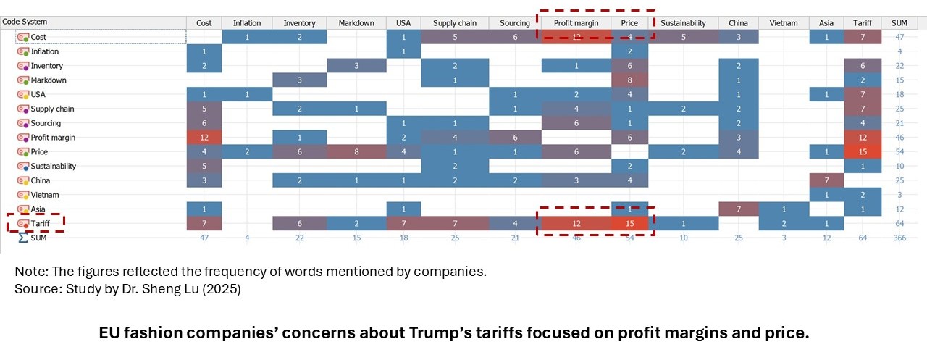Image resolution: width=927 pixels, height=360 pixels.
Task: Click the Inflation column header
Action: click(x=247, y=23)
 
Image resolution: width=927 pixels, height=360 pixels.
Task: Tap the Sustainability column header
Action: click(x=683, y=23)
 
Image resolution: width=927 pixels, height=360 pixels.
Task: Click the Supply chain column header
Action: click(x=455, y=23)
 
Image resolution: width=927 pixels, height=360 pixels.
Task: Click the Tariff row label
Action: click(x=41, y=224)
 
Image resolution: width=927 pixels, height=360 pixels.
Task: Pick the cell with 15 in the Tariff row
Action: click(x=630, y=224)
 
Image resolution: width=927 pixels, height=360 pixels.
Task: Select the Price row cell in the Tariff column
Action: click(x=863, y=152)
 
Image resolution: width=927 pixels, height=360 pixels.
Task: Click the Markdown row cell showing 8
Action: click(x=630, y=80)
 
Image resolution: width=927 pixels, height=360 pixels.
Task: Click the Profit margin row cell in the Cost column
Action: click(x=204, y=138)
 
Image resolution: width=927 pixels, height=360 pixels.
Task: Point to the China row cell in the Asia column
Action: click(x=826, y=180)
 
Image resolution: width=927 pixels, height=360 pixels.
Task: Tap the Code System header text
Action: click(x=25, y=22)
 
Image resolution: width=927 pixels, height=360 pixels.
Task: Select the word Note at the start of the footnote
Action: click(x=28, y=272)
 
